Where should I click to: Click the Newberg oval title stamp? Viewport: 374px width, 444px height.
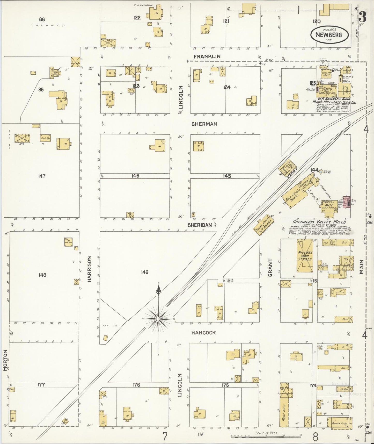coord(329,35)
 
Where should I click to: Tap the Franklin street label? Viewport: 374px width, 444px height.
coord(207,56)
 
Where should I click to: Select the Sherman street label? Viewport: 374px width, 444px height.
coord(204,124)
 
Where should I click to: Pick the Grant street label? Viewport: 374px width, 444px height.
coord(270,267)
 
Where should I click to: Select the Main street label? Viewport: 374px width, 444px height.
coord(362,267)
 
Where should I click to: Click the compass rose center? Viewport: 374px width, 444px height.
coord(158,318)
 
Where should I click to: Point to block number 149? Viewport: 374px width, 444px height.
coord(145,272)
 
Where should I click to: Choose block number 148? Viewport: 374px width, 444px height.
coord(42,275)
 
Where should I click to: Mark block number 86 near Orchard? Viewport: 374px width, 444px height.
coord(42,19)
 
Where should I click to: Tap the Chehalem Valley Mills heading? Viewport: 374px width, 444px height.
coord(319,222)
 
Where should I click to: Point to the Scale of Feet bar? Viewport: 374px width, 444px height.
coord(267,437)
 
